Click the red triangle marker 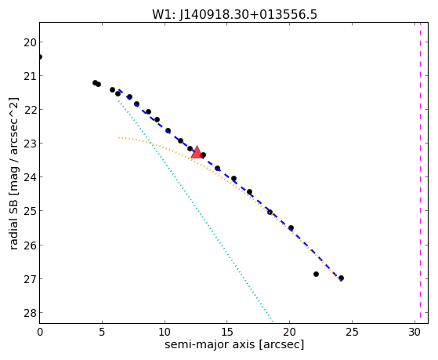(197, 152)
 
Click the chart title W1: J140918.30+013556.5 (234, 15)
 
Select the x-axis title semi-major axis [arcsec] (234, 344)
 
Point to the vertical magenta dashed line (420, 173)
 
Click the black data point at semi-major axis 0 (40, 56)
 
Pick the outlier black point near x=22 (316, 275)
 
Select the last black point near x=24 (341, 278)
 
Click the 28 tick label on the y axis (30, 313)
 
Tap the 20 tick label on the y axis (30, 42)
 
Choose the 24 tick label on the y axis (30, 177)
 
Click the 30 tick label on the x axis (414, 332)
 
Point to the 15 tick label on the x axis (226, 332)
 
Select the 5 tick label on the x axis (102, 332)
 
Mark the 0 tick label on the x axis (40, 332)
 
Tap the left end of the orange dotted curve (118, 137)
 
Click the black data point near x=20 (291, 227)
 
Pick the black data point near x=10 (168, 131)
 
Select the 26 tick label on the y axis (30, 245)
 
